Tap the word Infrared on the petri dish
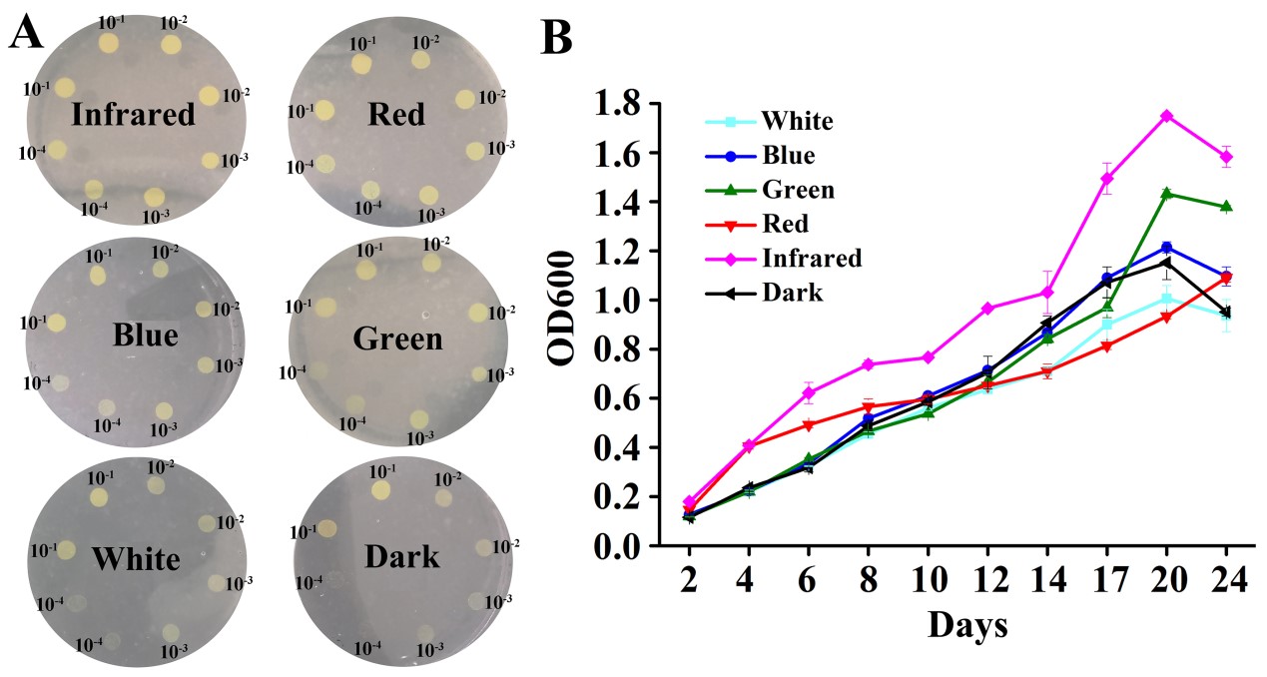pos(133,115)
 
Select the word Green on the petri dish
pos(397,339)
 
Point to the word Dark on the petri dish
pos(397,555)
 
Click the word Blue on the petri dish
pos(145,335)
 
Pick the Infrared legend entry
pos(811,258)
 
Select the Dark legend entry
pos(792,292)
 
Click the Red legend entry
pos(786,224)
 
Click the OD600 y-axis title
pos(564,325)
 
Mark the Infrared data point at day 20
pos(1166,116)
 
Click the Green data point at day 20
pos(1166,193)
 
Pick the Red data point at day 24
pos(1226,278)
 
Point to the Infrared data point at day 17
pos(1106,179)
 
